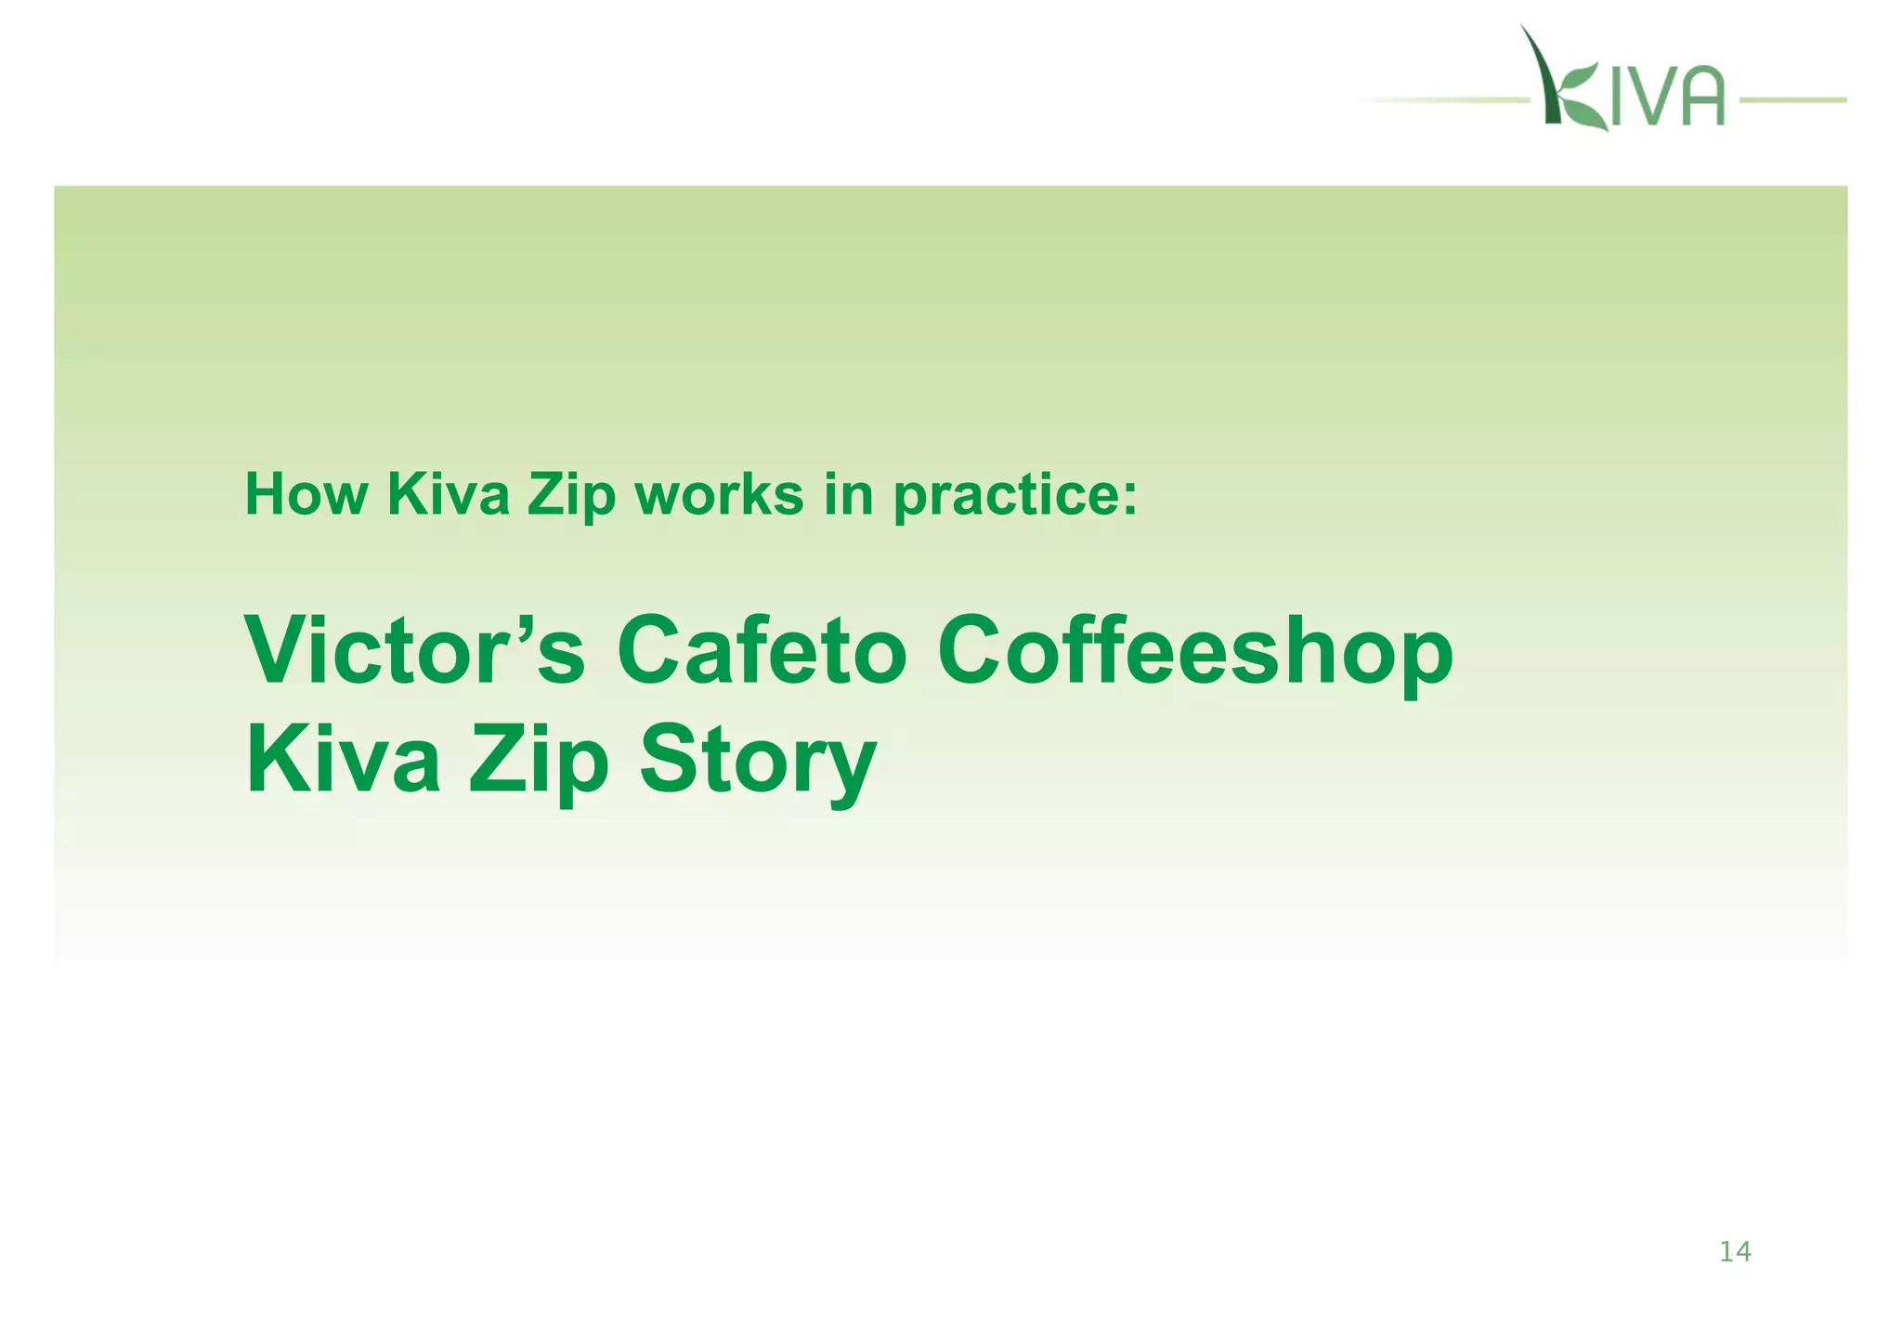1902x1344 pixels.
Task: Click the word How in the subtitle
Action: [x=306, y=495]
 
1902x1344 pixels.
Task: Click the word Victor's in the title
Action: [x=414, y=651]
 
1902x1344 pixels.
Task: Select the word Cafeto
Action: [x=761, y=651]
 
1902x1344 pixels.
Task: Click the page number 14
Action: [x=1735, y=1253]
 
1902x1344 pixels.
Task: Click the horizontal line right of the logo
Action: [x=1792, y=99]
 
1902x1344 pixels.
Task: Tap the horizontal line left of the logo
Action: [x=1449, y=99]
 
